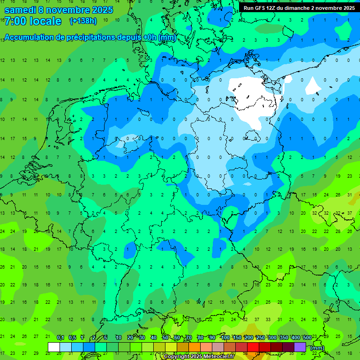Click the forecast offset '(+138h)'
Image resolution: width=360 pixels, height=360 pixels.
(x=83, y=21)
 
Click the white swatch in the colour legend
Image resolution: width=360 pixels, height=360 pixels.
(x=54, y=347)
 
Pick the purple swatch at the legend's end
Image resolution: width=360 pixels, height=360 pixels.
(x=300, y=347)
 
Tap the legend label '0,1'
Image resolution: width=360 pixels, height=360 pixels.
(x=60, y=337)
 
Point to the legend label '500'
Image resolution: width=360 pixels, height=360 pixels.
(x=307, y=337)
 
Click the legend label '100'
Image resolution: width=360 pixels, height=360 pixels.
(x=225, y=337)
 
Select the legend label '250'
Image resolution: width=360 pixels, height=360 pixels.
(x=260, y=337)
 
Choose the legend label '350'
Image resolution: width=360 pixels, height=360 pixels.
(x=284, y=337)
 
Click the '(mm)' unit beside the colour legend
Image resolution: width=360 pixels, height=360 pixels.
(x=317, y=348)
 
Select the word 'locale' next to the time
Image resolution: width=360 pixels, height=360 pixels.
(x=45, y=21)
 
